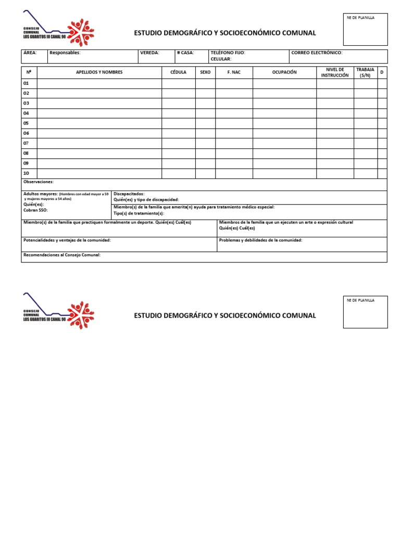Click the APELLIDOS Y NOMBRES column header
(x=99, y=72)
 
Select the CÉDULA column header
(x=178, y=72)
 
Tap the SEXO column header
(x=205, y=72)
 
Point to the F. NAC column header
(x=234, y=72)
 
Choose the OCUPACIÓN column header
(x=284, y=72)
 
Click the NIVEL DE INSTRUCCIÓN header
(x=335, y=72)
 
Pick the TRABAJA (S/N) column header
(x=365, y=72)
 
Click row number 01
(x=27, y=83)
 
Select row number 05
(x=27, y=123)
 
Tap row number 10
(x=27, y=173)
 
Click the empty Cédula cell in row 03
(x=178, y=103)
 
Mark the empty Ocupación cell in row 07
(x=284, y=143)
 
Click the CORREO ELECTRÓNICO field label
(x=317, y=53)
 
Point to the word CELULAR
(x=221, y=59)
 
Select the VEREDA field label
(x=149, y=53)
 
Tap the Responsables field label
(x=65, y=53)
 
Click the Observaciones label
(x=39, y=182)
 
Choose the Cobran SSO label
(x=35, y=210)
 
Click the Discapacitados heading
(x=129, y=194)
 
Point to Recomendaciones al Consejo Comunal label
(x=62, y=255)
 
